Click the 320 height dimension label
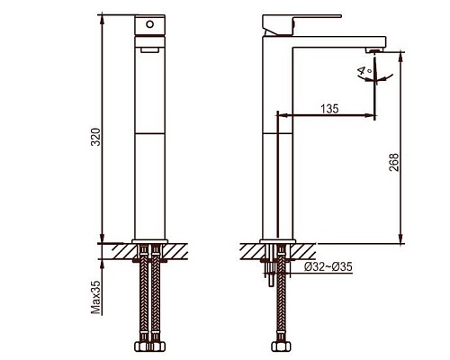(95, 137)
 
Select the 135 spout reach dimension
(329, 109)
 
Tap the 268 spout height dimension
(393, 163)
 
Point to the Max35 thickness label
(96, 298)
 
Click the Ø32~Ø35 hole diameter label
(328, 266)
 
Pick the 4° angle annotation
(364, 71)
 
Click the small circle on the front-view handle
(149, 24)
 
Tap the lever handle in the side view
(301, 25)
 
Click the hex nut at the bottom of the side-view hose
(281, 346)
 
